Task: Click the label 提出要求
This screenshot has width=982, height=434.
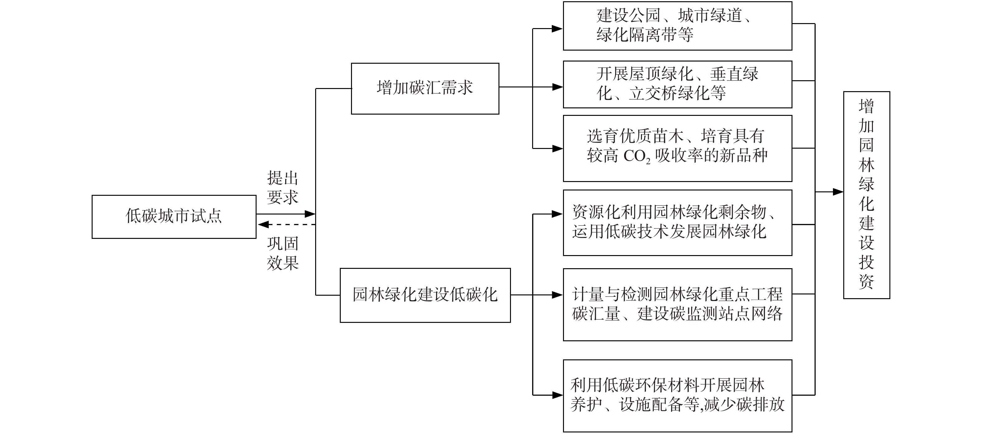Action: (282, 187)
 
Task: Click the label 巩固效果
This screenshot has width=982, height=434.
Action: (282, 254)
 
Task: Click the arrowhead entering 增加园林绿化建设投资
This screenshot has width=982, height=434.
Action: (838, 192)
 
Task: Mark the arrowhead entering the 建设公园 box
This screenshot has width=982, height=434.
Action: (557, 29)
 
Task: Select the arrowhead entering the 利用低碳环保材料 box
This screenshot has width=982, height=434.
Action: (557, 395)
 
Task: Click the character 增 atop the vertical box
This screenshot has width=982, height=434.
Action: (866, 106)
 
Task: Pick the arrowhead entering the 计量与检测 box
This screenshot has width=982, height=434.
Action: (557, 295)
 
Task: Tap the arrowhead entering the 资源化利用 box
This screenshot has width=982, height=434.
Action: (557, 214)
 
